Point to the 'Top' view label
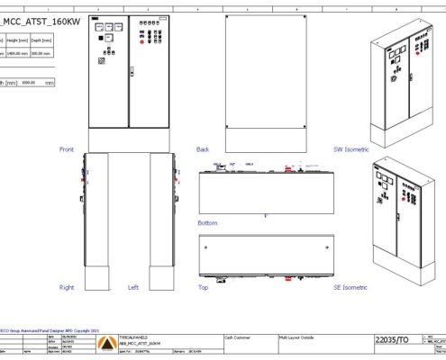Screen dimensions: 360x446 coord(203,288)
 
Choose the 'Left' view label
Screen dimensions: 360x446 coord(133,288)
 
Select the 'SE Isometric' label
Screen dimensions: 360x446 coord(351,288)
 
